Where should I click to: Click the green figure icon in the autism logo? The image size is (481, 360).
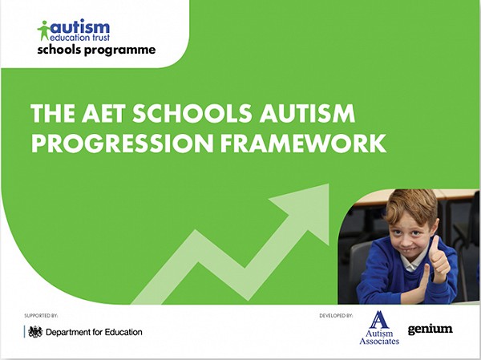tap(44, 30)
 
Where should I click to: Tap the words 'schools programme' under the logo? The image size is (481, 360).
tap(96, 51)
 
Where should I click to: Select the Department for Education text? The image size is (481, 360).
tap(94, 332)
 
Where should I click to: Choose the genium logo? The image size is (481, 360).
tap(430, 329)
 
